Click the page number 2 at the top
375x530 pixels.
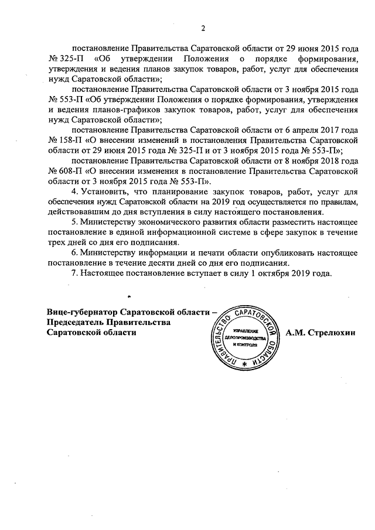[203, 28]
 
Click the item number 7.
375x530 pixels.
[73, 273]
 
